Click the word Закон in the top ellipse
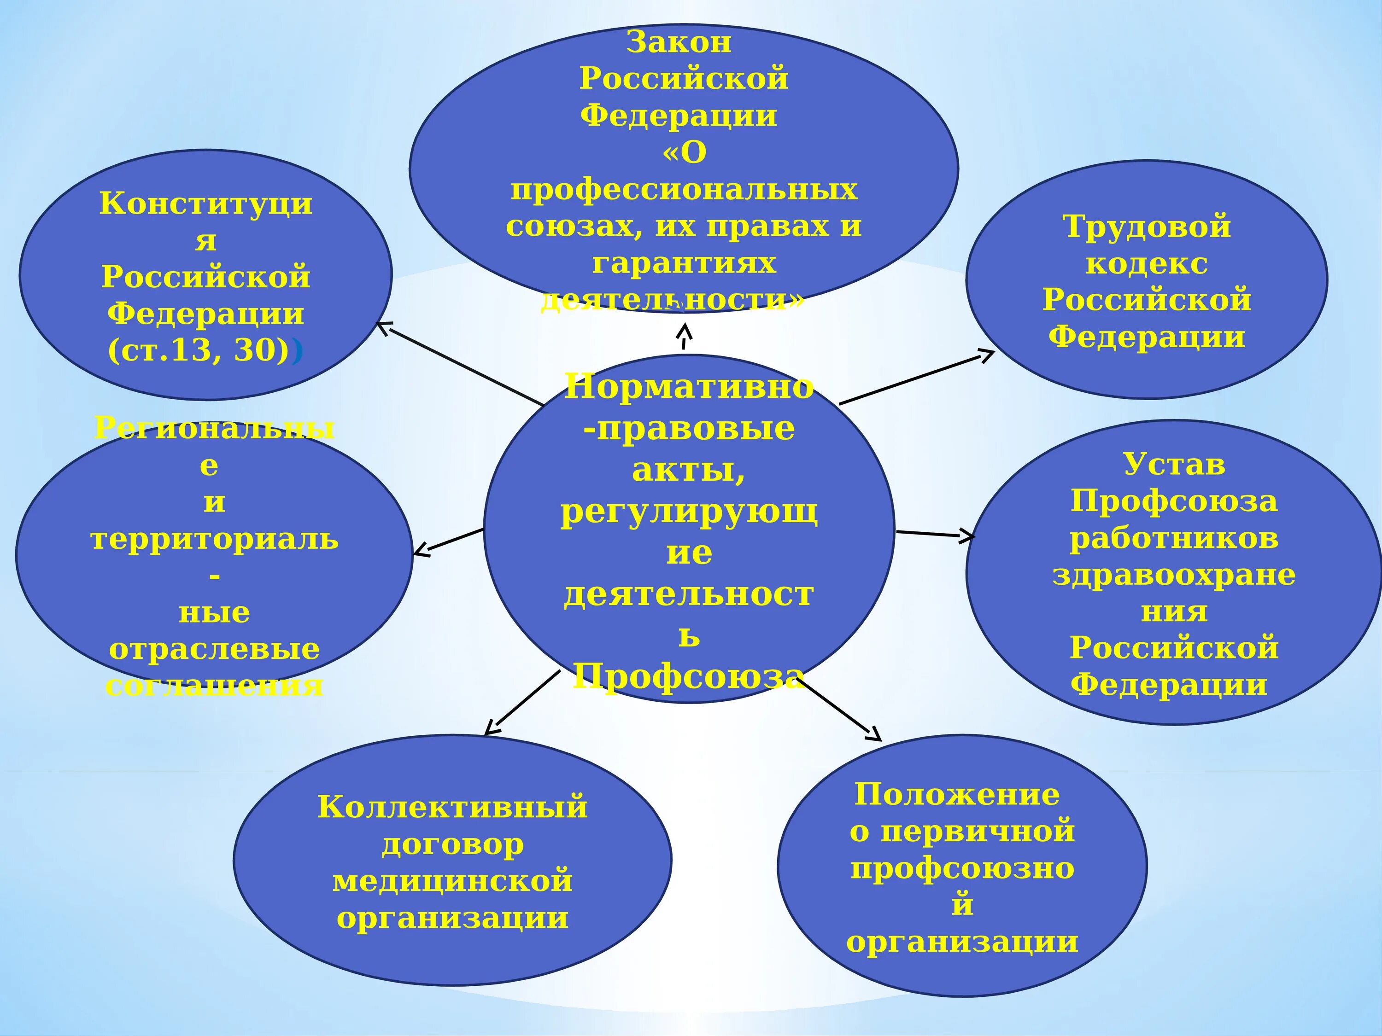coord(679,42)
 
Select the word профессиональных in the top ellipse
coord(684,189)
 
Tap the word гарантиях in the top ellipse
coord(684,263)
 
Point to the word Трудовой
coord(1147,226)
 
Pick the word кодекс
coord(1147,263)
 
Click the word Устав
coord(1174,464)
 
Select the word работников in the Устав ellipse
coord(1174,538)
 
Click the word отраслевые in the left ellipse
coord(214,649)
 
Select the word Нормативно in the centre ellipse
coord(689,387)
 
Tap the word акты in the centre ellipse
coord(684,470)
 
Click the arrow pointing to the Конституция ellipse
coord(459,363)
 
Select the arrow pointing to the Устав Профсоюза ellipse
coord(935,534)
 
